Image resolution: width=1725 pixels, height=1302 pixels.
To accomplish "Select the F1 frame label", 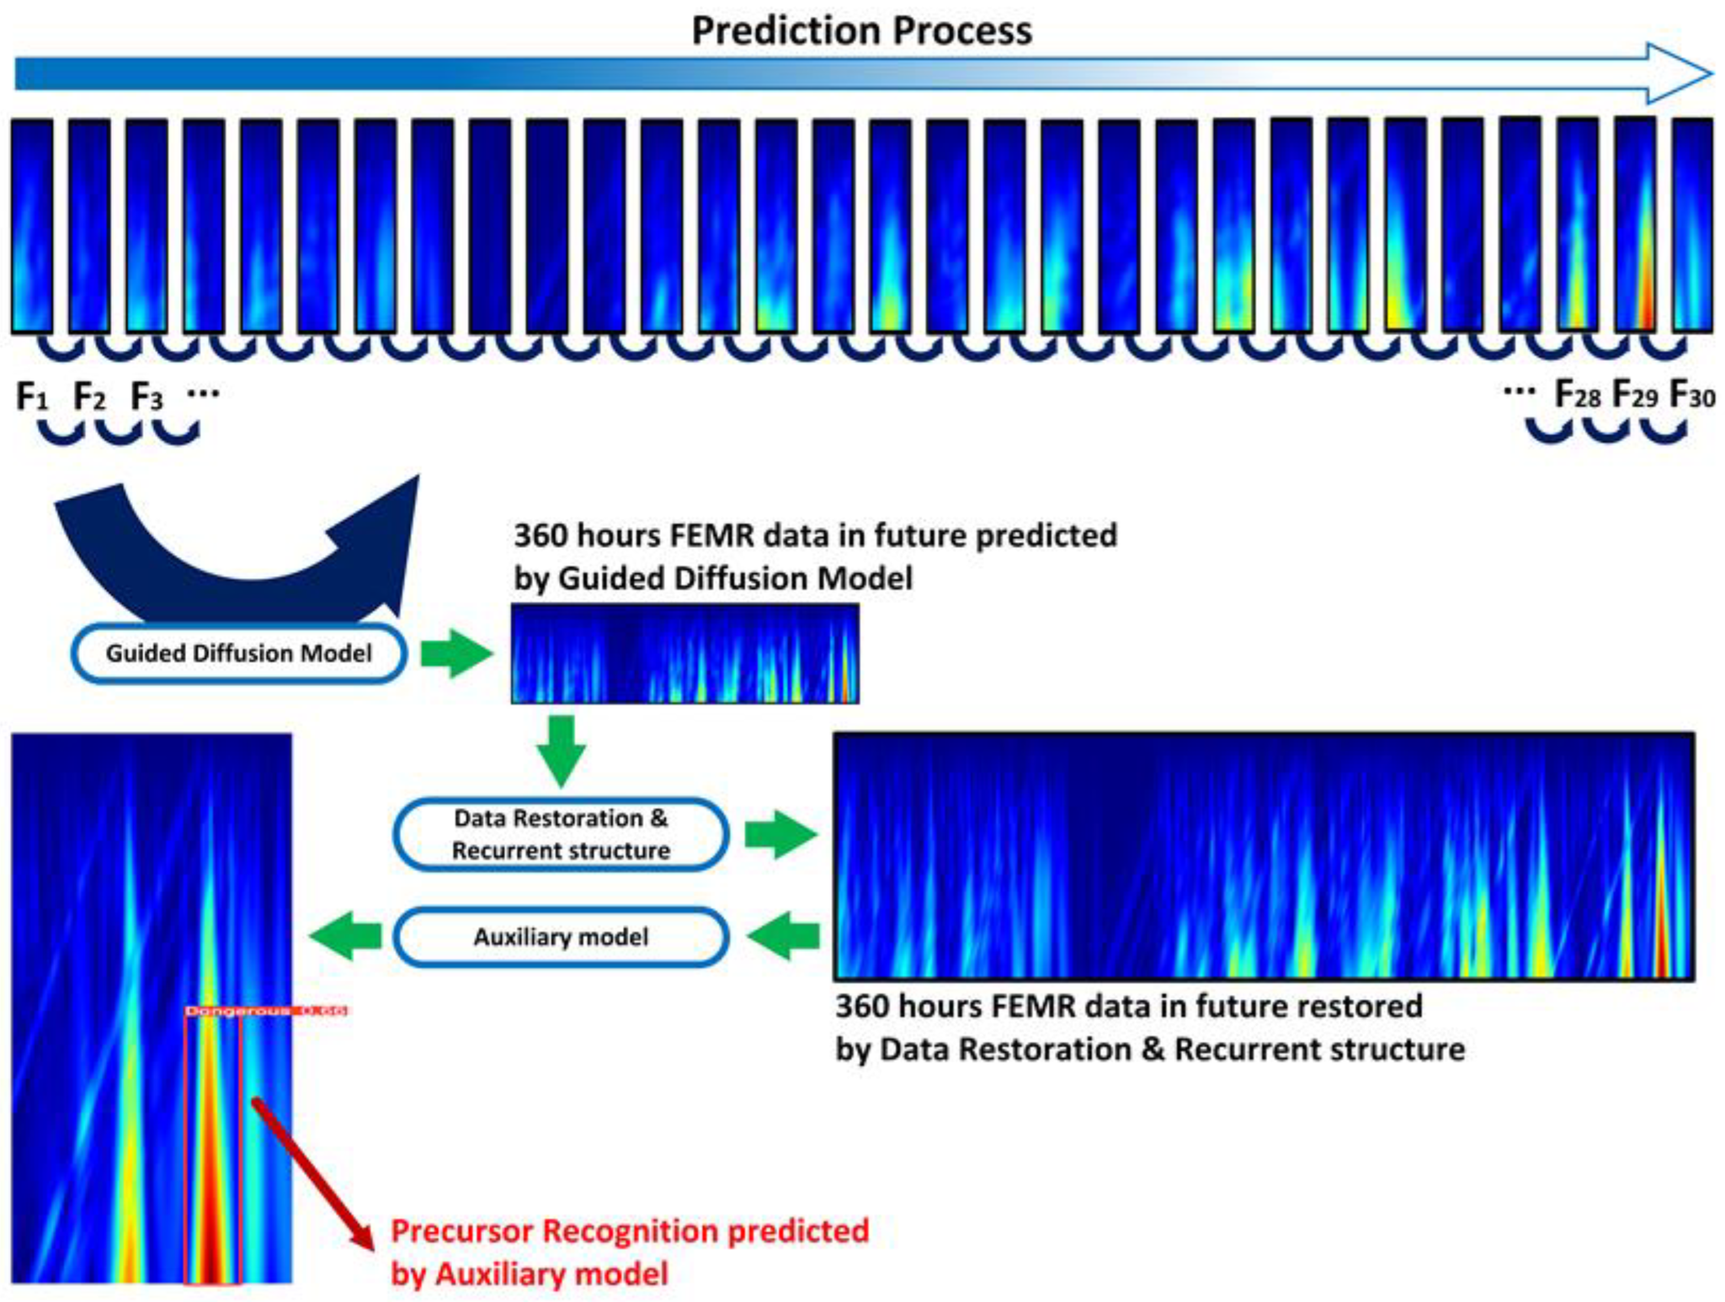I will pyautogui.click(x=32, y=397).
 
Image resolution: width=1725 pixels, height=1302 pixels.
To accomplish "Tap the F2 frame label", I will pyautogui.click(x=89, y=397).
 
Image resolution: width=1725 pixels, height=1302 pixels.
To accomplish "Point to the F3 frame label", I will pyautogui.click(x=147, y=397).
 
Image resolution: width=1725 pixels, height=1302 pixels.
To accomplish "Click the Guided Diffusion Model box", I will pyautogui.click(x=239, y=653).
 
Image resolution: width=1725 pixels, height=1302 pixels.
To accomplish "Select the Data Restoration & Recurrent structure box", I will pyautogui.click(x=561, y=834).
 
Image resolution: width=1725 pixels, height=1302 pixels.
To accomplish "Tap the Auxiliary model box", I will pyautogui.click(x=561, y=936).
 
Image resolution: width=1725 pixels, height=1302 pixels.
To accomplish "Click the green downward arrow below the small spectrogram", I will pyautogui.click(x=561, y=749).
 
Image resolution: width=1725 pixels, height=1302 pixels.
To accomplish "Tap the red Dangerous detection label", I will pyautogui.click(x=265, y=1011).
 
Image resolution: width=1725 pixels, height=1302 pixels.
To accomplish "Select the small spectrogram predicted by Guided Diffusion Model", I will pyautogui.click(x=685, y=653).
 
